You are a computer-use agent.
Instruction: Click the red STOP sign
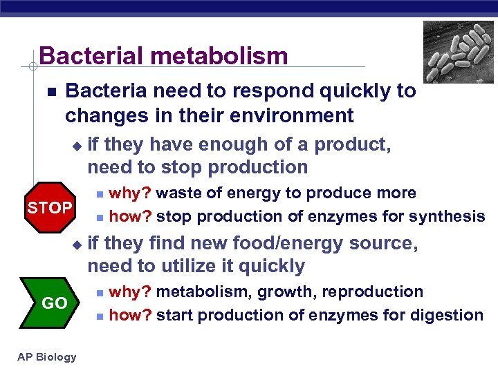pos(49,207)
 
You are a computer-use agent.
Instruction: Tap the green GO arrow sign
pos(53,303)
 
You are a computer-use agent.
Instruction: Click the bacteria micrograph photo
pos(459,52)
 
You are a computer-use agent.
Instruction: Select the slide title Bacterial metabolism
pos(163,56)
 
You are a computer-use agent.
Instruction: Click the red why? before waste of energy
pos(131,193)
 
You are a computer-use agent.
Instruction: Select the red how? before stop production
pos(131,217)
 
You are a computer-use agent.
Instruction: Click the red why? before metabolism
pos(131,291)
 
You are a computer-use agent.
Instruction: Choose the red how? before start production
pos(131,316)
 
